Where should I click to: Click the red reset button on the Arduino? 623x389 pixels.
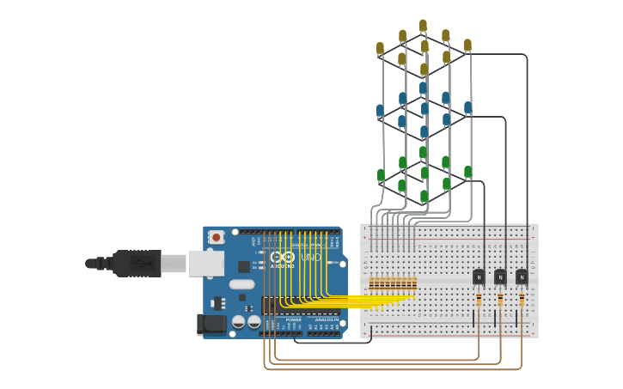tap(217, 237)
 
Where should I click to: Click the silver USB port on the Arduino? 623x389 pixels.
tap(206, 263)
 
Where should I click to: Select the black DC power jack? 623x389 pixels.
tap(211, 324)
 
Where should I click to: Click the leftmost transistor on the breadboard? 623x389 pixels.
tap(479, 277)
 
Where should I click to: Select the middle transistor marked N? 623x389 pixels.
tap(500, 277)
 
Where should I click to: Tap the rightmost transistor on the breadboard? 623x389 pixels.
tap(522, 277)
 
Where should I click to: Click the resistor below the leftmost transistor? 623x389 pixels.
tap(479, 299)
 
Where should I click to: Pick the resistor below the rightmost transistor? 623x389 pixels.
tap(522, 299)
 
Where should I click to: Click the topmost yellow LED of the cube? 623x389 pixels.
tap(423, 25)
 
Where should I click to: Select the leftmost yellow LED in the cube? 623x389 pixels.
tap(380, 48)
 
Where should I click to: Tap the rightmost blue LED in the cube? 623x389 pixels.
tap(467, 107)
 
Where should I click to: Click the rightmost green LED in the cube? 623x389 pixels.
tap(467, 172)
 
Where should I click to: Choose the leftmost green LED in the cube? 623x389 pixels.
tap(381, 175)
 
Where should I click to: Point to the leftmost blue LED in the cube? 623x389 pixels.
tap(380, 111)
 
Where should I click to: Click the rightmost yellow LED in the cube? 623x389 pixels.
tap(467, 45)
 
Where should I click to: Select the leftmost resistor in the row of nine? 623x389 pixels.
tap(372, 283)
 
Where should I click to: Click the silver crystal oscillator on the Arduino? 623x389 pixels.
tap(242, 284)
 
